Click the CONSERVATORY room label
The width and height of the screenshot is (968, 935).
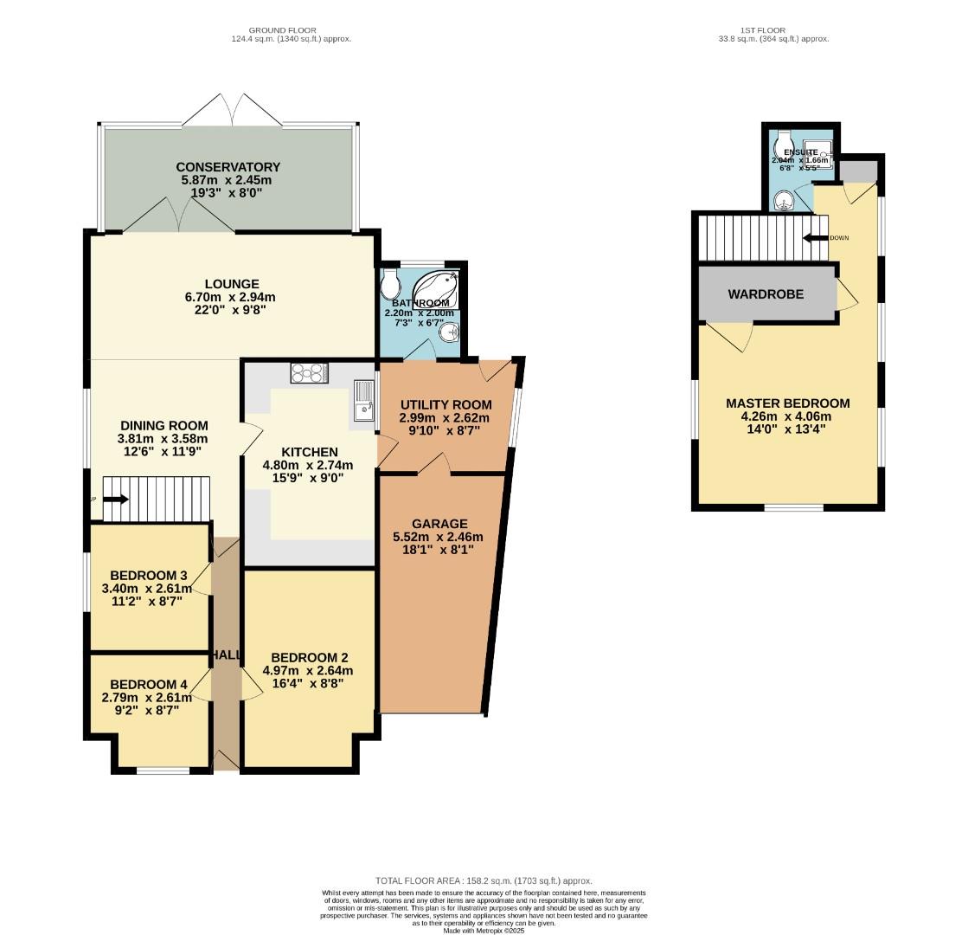click(228, 167)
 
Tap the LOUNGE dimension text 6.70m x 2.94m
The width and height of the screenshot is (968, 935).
click(232, 296)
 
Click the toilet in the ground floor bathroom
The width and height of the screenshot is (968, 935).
click(390, 280)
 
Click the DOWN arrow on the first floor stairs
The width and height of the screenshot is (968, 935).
click(811, 238)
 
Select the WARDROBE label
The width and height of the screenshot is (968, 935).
click(766, 294)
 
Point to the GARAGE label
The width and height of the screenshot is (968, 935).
click(439, 524)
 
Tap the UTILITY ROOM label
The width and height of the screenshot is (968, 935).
click(446, 404)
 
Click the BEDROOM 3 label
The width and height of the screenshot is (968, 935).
click(149, 576)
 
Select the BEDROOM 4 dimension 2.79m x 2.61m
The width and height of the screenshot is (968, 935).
click(146, 697)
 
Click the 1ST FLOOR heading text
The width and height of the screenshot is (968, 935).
click(763, 30)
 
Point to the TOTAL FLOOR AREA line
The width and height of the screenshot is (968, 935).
click(484, 880)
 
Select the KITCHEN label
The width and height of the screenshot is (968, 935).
click(310, 452)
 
